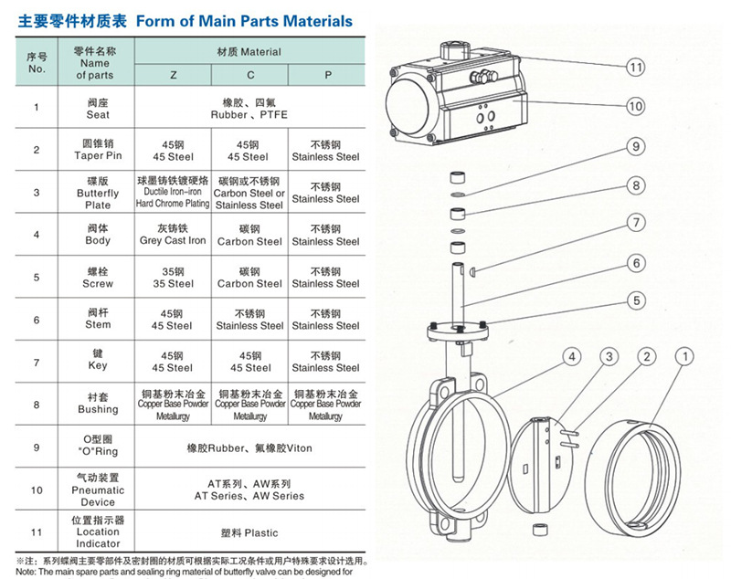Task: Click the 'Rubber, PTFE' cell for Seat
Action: point(249,109)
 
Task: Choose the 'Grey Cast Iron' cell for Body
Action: point(173,236)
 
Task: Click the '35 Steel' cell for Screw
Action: point(173,278)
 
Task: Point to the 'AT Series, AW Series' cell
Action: point(249,490)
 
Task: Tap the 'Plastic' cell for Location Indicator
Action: point(249,532)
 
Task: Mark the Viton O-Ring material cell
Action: point(249,448)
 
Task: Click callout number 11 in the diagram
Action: point(635,67)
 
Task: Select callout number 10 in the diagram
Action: point(635,107)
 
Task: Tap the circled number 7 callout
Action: point(635,223)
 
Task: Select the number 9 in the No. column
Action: point(37,447)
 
